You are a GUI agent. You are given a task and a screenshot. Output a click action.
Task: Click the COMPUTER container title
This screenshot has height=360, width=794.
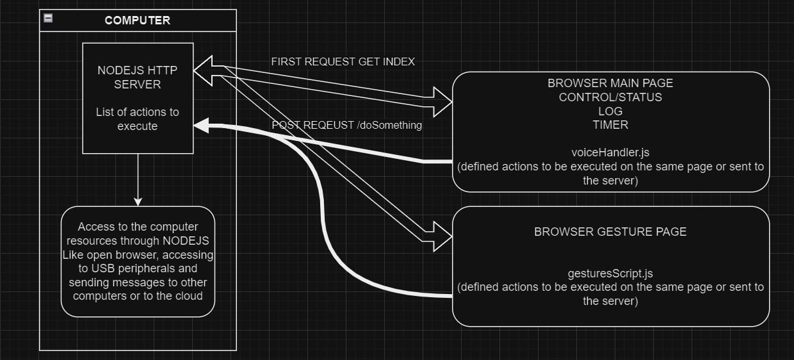(x=138, y=20)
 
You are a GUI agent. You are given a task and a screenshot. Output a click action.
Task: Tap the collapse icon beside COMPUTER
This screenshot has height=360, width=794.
(x=48, y=19)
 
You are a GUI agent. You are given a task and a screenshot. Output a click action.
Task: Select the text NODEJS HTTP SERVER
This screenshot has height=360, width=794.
(x=138, y=77)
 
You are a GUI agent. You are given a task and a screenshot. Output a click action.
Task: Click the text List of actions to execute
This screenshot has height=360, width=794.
(x=138, y=119)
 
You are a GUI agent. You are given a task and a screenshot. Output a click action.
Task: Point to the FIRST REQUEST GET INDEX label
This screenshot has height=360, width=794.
(x=343, y=61)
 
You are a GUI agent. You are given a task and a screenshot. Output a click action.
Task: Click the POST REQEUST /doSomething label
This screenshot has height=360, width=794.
(x=346, y=125)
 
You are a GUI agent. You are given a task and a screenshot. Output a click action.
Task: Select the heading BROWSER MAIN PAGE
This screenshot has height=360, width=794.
(x=610, y=83)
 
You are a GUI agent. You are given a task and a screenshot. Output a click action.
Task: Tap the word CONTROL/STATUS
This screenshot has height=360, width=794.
(x=610, y=97)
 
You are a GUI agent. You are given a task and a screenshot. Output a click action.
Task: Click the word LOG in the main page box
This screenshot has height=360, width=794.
(x=610, y=111)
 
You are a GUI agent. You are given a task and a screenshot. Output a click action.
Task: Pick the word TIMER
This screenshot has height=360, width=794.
(x=610, y=125)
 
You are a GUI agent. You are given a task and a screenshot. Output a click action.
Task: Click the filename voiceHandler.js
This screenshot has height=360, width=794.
(x=610, y=153)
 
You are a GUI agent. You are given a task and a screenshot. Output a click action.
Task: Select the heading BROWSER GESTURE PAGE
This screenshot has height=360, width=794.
(x=610, y=232)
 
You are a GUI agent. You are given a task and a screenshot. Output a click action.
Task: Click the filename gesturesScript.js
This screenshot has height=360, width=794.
(x=610, y=273)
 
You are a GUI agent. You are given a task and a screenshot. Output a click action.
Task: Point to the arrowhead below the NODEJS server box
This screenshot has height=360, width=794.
(x=138, y=200)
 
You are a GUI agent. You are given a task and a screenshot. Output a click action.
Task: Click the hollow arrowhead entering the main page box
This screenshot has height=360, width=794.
(x=442, y=101)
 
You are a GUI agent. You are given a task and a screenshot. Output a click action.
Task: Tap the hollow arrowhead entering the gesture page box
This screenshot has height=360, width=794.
(x=442, y=236)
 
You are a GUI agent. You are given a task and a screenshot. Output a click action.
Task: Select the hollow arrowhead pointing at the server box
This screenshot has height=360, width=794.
(x=204, y=70)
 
